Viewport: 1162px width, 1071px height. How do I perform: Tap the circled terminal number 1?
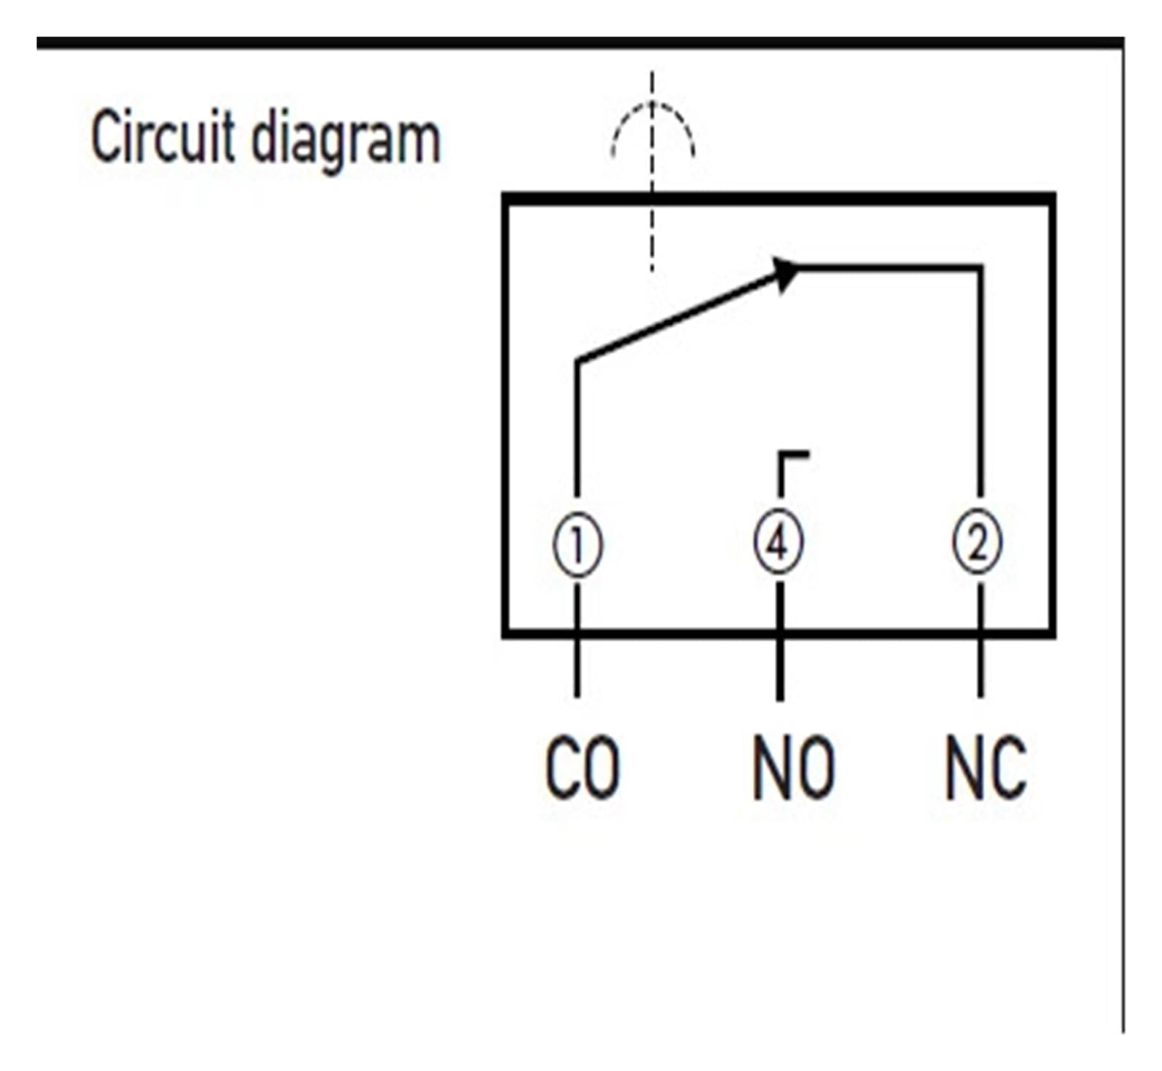[577, 544]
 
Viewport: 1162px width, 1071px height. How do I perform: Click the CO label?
[582, 768]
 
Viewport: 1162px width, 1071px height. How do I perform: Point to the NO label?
[793, 768]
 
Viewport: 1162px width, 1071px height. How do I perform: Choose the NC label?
[986, 768]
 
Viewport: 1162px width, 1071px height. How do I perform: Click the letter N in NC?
[964, 768]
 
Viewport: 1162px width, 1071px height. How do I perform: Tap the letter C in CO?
[562, 768]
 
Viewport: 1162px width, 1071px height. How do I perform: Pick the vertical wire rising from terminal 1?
[577, 429]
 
